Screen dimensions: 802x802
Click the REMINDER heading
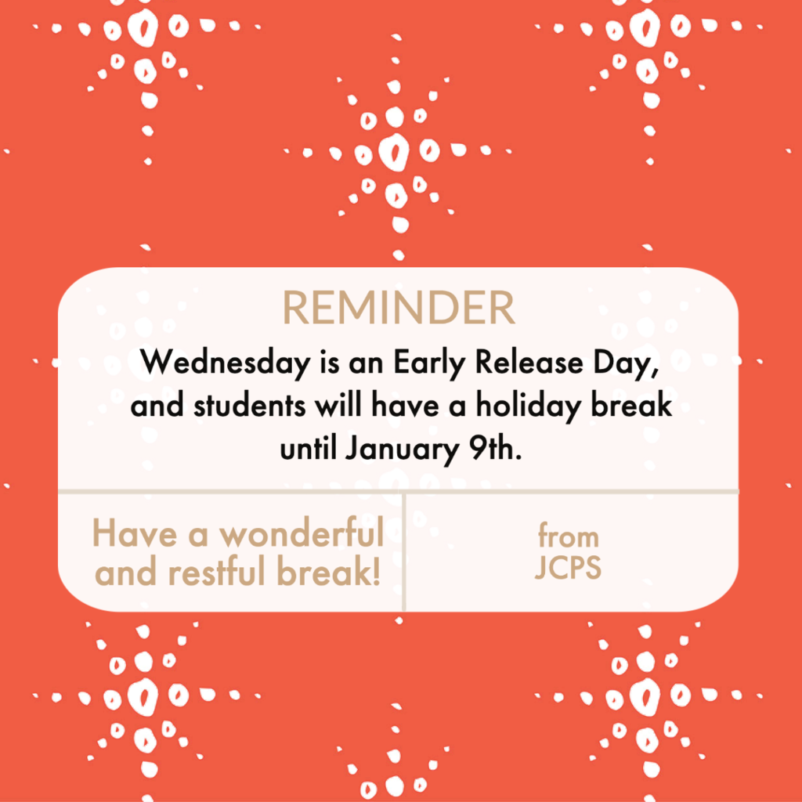click(399, 308)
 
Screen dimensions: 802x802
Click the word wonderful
click(302, 533)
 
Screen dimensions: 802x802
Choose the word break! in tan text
click(329, 571)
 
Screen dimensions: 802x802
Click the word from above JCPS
click(568, 536)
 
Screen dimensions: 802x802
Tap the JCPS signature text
click(568, 567)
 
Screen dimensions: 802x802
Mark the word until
click(308, 449)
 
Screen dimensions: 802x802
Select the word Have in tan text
click(135, 533)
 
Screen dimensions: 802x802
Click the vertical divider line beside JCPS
click(404, 552)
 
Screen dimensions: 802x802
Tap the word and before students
click(157, 406)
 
